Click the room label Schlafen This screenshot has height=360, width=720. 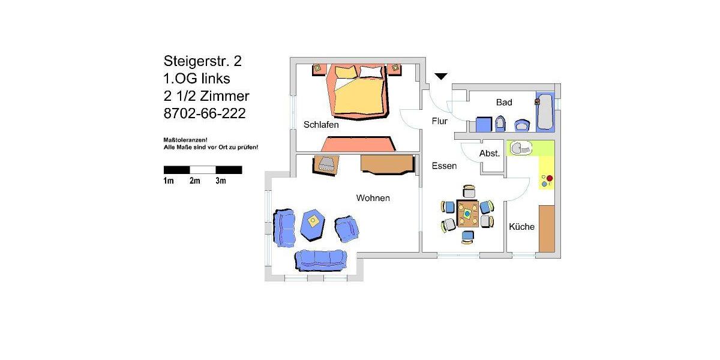pyautogui.click(x=321, y=125)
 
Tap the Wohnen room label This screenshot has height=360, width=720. pyautogui.click(x=373, y=197)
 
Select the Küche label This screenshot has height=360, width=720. pyautogui.click(x=521, y=226)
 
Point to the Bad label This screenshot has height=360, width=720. pyautogui.click(x=504, y=103)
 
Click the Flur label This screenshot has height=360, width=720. pyautogui.click(x=439, y=121)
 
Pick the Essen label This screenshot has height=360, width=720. pyautogui.click(x=444, y=166)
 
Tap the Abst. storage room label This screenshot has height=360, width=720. pyautogui.click(x=490, y=154)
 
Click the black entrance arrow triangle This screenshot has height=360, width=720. pyautogui.click(x=441, y=76)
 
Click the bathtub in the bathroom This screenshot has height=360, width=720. pyautogui.click(x=545, y=111)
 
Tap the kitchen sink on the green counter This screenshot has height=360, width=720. pyautogui.click(x=519, y=147)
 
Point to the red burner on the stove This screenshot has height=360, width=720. pyautogui.click(x=549, y=178)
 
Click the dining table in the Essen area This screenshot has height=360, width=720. pyautogui.click(x=467, y=214)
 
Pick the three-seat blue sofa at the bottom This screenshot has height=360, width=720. pyautogui.click(x=320, y=259)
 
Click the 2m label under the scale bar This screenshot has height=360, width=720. pyautogui.click(x=194, y=181)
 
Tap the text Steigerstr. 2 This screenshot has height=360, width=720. pyautogui.click(x=203, y=61)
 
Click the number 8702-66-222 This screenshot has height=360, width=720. pyautogui.click(x=204, y=113)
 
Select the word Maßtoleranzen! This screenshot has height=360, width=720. pyautogui.click(x=185, y=139)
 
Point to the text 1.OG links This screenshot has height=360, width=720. pyautogui.click(x=197, y=79)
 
